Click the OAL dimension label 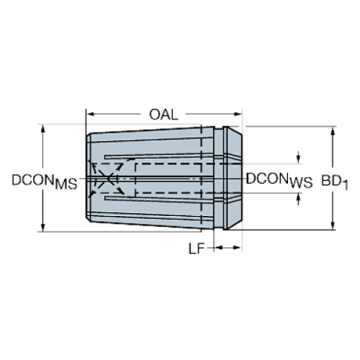tap(165, 114)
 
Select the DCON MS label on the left tap(44, 181)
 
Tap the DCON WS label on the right tap(278, 179)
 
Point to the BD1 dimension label tap(336, 179)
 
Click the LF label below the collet tap(196, 249)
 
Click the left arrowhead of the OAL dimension tap(90, 114)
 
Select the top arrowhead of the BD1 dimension tap(334, 130)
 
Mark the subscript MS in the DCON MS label tap(67, 185)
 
